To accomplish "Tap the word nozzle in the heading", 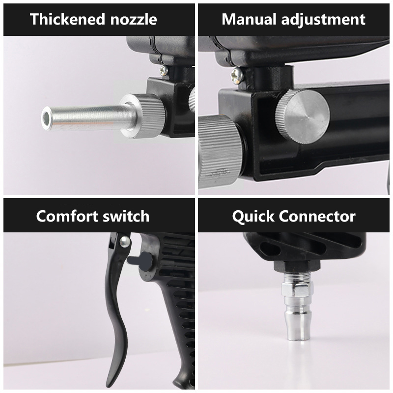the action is (134, 19).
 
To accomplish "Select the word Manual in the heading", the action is (249, 19).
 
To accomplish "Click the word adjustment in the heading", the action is (323, 20).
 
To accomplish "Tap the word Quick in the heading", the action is (253, 217).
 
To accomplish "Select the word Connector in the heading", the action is (317, 216).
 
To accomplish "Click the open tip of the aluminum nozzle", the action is (46, 118).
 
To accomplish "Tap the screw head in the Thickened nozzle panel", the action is (164, 70).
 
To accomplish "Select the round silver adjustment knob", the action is (302, 117).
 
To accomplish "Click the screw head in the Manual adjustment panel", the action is (237, 75).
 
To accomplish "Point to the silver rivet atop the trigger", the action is (125, 242).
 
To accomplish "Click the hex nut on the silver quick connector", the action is (297, 289).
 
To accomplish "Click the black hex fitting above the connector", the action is (297, 266).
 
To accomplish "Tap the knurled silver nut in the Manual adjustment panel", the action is (220, 152).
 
